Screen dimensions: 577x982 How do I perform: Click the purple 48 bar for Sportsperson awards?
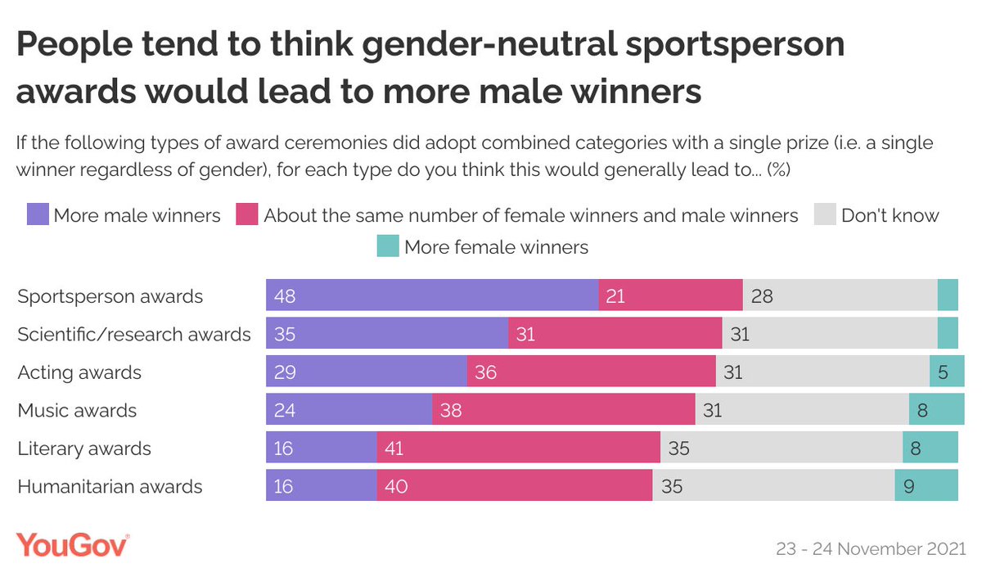point(432,295)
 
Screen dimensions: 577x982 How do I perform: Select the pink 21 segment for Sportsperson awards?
point(670,295)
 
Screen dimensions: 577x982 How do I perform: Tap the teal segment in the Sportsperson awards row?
point(948,295)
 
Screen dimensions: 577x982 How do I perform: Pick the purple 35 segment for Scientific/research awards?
point(387,333)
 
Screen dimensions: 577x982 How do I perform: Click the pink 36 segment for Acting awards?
point(591,372)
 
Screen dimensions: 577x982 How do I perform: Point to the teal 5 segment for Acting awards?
point(944,372)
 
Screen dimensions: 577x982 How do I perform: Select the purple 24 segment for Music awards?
point(349,409)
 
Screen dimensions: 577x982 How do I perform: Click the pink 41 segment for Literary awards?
point(518,448)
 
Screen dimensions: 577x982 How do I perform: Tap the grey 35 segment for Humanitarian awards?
point(773,486)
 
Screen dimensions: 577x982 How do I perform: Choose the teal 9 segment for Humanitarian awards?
point(926,486)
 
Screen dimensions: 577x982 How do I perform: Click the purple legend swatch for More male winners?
point(37,215)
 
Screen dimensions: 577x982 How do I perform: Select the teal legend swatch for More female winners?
point(388,246)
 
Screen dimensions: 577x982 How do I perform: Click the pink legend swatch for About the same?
point(248,215)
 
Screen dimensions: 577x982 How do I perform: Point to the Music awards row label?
point(77,410)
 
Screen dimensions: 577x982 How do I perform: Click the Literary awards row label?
point(84,449)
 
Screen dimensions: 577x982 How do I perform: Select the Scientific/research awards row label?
point(134,334)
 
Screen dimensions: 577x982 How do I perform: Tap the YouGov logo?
point(72,545)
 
